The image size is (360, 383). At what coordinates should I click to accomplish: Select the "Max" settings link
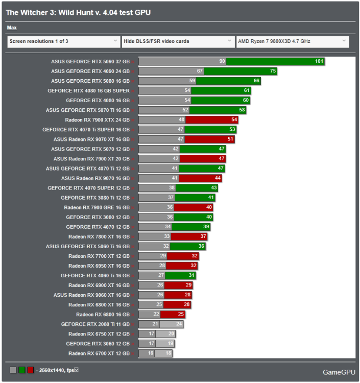12,28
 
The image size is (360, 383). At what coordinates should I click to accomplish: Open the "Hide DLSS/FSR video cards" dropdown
178,41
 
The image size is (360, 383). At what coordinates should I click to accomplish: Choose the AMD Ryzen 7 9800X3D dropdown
293,41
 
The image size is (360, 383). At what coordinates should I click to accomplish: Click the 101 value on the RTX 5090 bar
319,61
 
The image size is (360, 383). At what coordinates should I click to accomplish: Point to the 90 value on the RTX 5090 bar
222,61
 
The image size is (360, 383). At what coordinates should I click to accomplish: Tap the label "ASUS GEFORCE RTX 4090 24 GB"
90,71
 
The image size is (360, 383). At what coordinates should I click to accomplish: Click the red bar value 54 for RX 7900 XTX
234,119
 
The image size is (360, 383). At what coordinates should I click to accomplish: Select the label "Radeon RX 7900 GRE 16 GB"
97,207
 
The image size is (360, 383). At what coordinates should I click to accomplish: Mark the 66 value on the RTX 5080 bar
256,81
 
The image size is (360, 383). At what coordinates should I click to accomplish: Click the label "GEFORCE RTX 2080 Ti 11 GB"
95,324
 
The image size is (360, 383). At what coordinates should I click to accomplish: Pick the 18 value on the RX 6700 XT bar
168,353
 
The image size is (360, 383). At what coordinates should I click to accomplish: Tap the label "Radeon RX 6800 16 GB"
103,314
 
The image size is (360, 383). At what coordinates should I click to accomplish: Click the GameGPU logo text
339,372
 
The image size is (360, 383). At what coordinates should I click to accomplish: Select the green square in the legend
22,369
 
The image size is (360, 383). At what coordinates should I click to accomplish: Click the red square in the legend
31,369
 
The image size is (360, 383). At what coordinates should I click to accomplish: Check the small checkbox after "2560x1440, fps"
76,369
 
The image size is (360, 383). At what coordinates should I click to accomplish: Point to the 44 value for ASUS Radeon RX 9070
218,178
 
